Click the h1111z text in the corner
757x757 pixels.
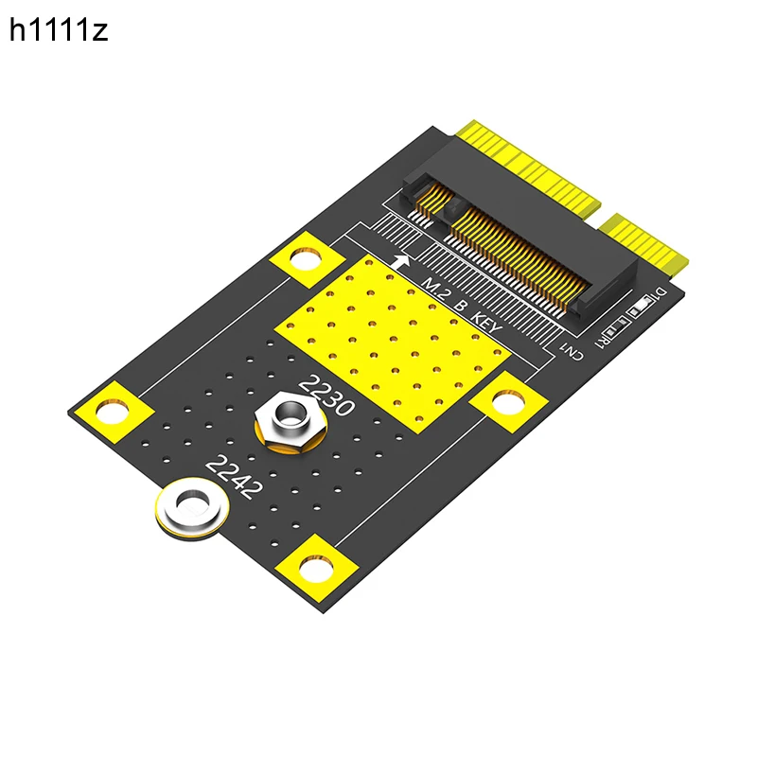[59, 30]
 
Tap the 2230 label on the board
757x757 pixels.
[326, 396]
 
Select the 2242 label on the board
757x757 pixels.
[235, 477]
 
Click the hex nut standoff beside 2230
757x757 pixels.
[290, 421]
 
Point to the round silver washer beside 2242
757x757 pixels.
[192, 508]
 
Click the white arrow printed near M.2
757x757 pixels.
[401, 262]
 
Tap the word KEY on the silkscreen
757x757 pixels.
[486, 323]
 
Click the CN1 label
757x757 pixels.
[572, 350]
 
